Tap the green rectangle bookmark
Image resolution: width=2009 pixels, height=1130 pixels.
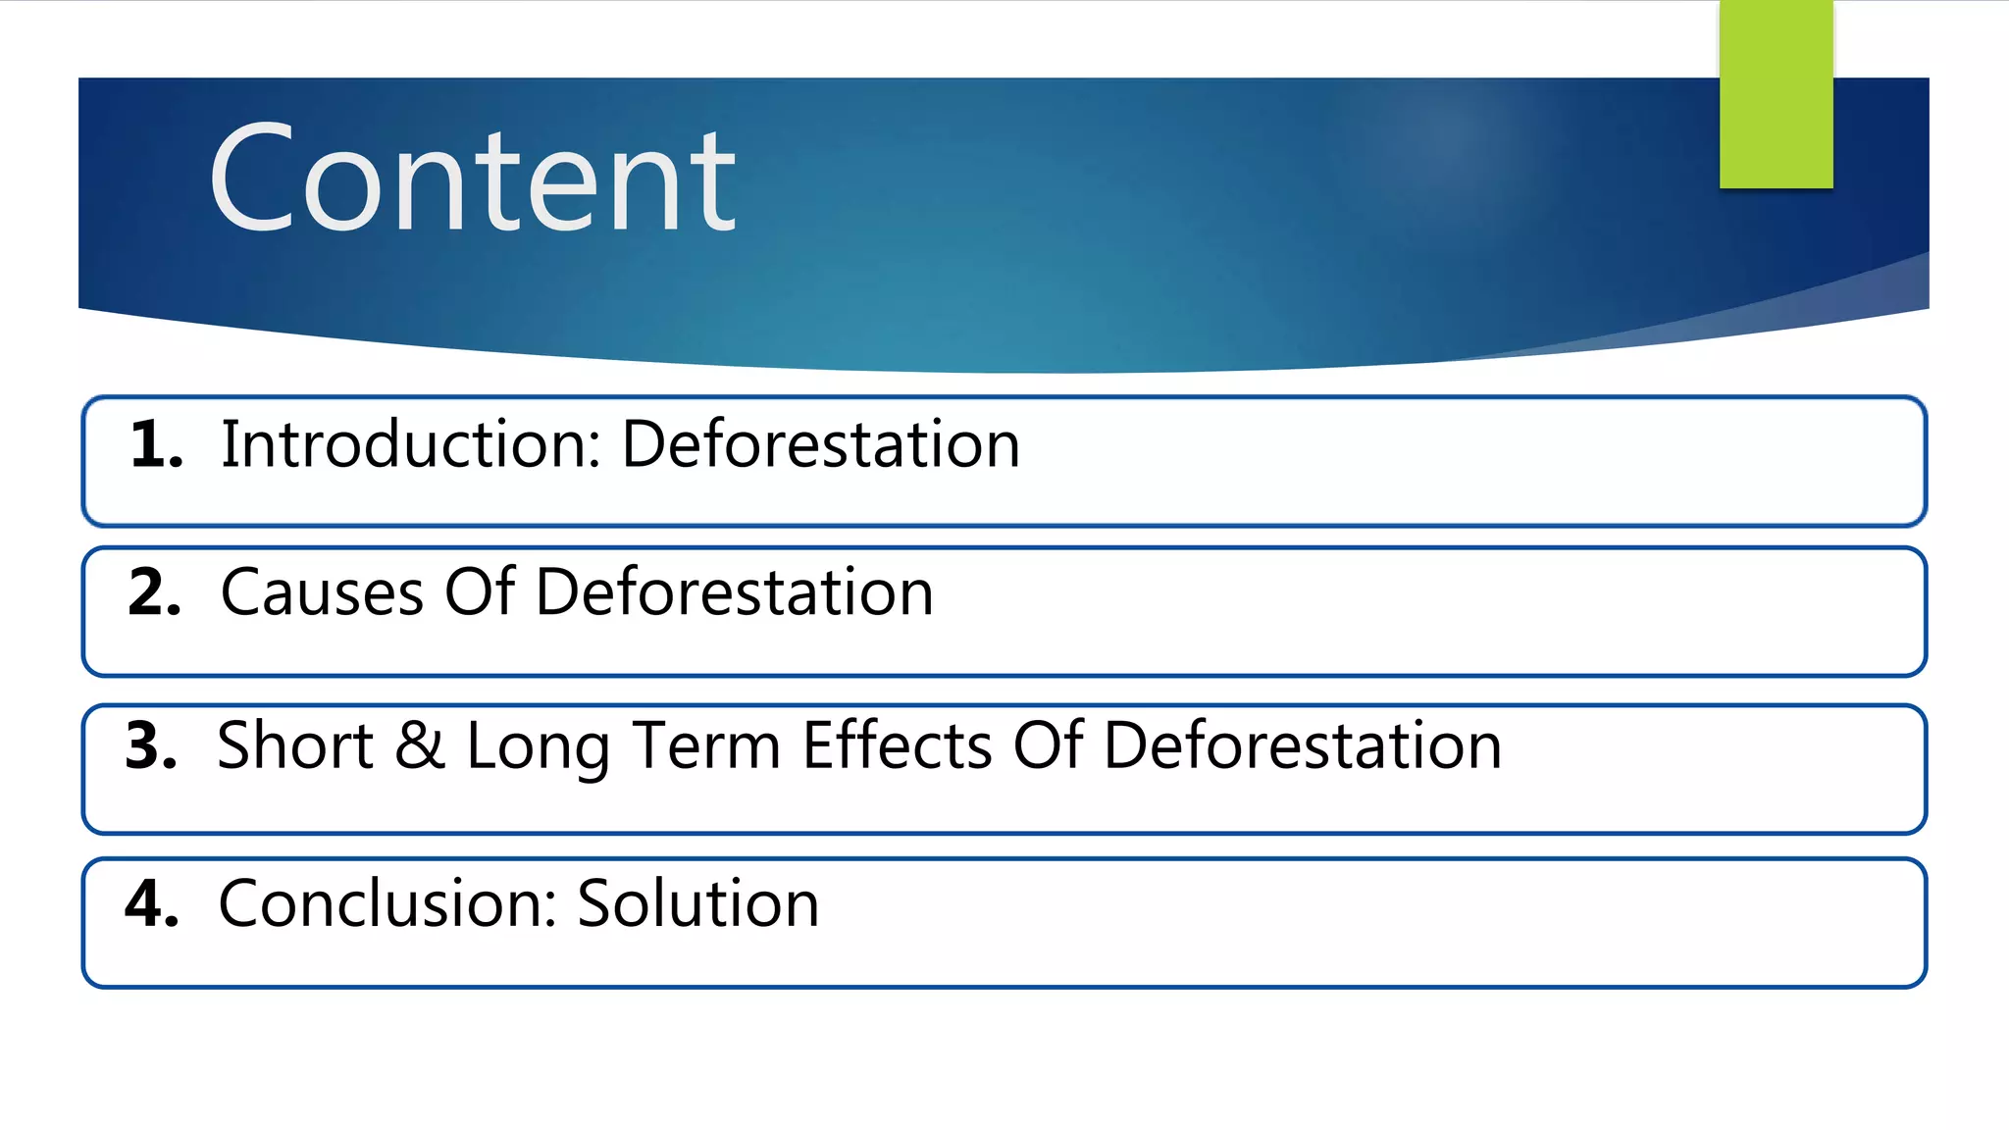pyautogui.click(x=1776, y=94)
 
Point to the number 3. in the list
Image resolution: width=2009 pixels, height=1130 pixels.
pyautogui.click(x=152, y=745)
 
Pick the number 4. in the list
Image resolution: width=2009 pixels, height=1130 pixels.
pyautogui.click(x=152, y=903)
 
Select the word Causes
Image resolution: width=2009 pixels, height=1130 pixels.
pyautogui.click(x=322, y=592)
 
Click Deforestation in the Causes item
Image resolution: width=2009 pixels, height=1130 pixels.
pyautogui.click(x=735, y=592)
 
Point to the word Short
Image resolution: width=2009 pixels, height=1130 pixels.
pyautogui.click(x=295, y=745)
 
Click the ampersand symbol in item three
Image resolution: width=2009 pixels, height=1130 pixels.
pyautogui.click(x=420, y=745)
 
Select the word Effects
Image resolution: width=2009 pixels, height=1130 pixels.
pyautogui.click(x=898, y=745)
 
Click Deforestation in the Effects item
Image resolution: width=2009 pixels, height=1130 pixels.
pyautogui.click(x=1303, y=745)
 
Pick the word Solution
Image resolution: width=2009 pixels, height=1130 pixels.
pyautogui.click(x=697, y=903)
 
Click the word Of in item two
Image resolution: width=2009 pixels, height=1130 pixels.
pyautogui.click(x=480, y=592)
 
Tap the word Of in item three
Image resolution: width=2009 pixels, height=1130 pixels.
pyautogui.click(x=1048, y=745)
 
